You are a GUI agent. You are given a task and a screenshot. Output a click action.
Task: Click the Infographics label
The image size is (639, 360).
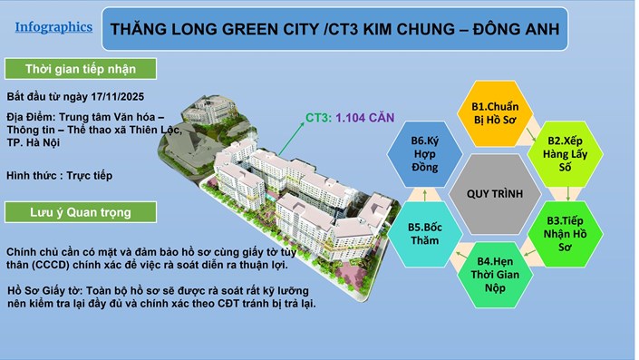point(53,27)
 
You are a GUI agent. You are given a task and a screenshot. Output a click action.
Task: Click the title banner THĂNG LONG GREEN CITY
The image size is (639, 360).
point(334,30)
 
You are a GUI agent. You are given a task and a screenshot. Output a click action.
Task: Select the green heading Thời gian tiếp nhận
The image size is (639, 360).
point(80,70)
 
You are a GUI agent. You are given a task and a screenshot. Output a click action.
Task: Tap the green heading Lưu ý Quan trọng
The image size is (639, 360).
point(80,212)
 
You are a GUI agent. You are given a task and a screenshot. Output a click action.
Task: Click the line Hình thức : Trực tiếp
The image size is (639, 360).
point(60,174)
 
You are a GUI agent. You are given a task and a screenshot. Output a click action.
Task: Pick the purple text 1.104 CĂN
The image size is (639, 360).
point(364,116)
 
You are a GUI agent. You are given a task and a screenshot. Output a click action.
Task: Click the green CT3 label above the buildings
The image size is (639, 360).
point(317,116)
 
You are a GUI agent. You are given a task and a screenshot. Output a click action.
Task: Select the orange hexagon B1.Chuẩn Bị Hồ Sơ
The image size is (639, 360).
point(496,115)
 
